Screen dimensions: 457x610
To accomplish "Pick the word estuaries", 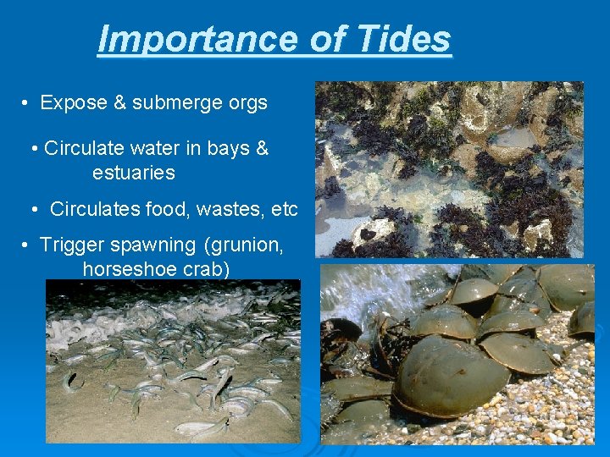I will click(134, 173).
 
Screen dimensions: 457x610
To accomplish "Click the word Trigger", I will click(70, 245).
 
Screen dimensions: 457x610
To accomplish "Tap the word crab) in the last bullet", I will click(203, 269).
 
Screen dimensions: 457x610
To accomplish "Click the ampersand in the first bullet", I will click(119, 103).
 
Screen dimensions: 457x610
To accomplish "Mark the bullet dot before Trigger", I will click(27, 245).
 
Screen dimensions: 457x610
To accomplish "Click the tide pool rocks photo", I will click(449, 169).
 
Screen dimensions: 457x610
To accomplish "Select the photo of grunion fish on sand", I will click(173, 364).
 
